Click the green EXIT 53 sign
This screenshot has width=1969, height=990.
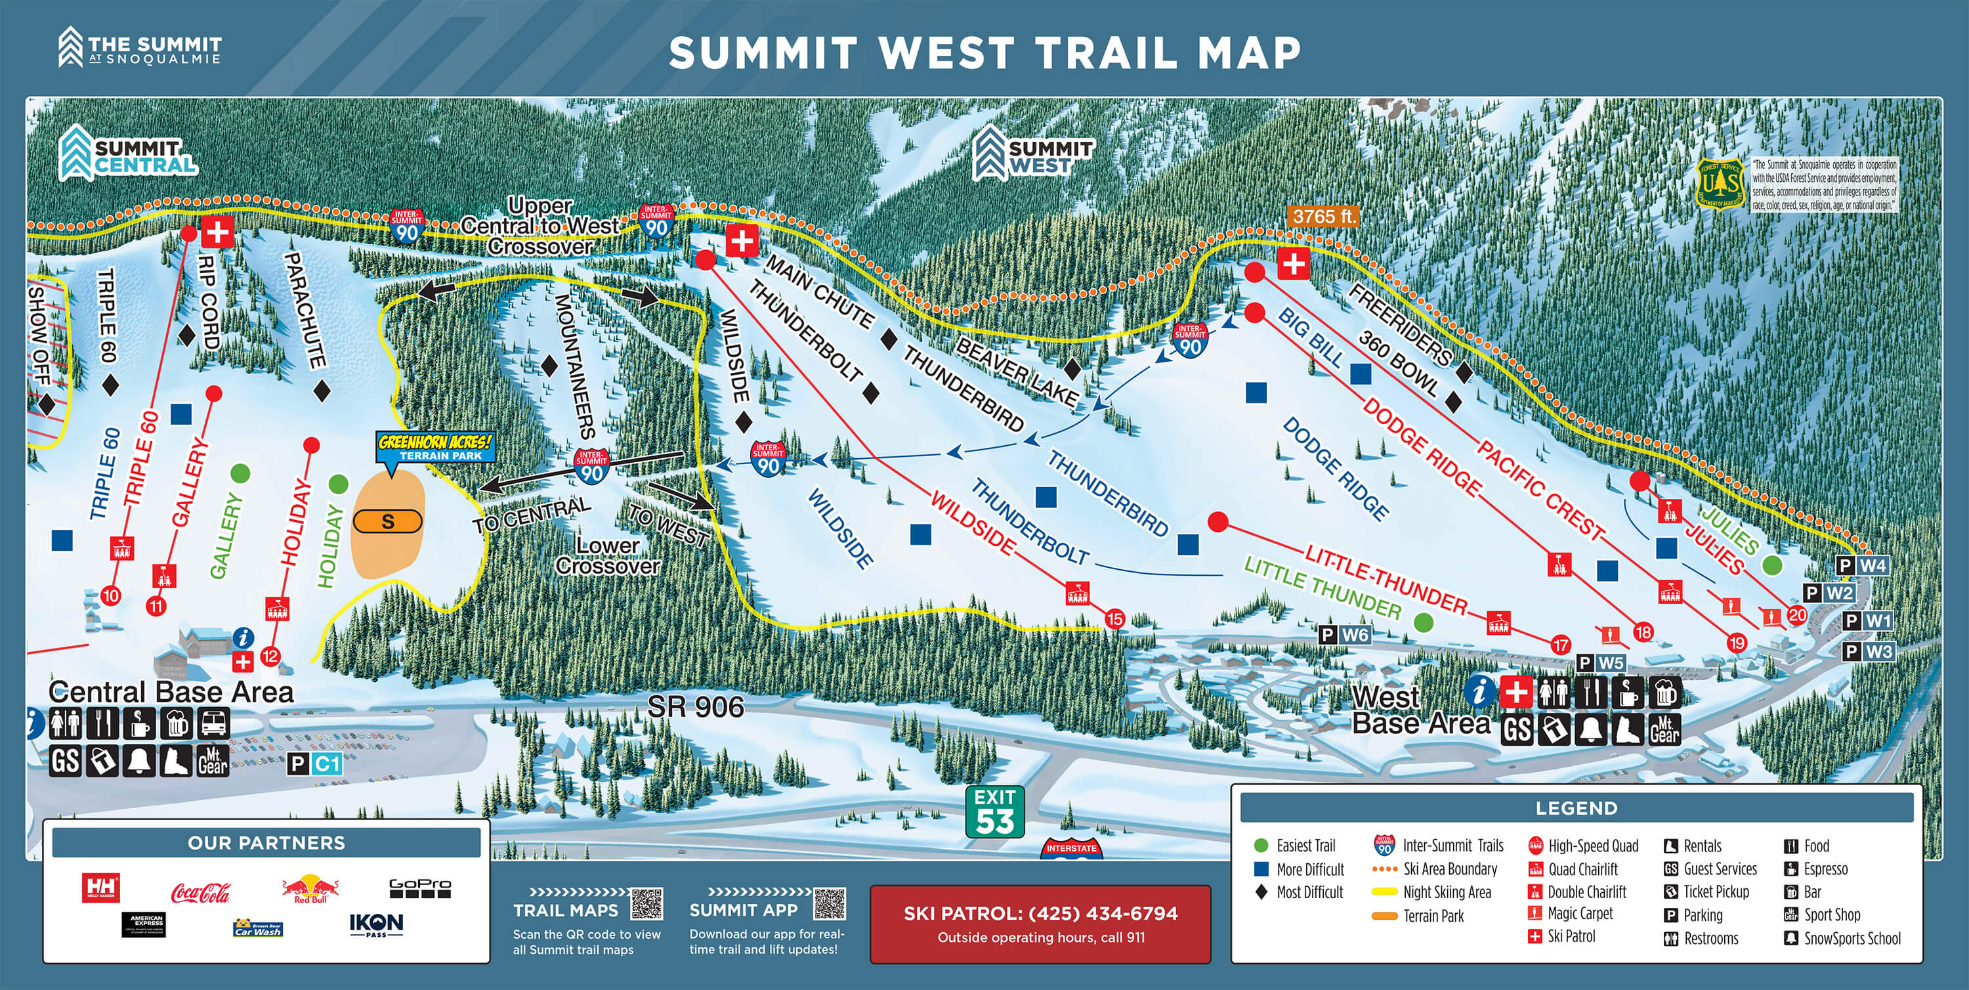[994, 811]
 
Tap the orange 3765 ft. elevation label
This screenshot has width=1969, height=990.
[1324, 217]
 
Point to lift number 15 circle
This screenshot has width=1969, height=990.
[1114, 618]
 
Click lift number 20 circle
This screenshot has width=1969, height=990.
[1797, 614]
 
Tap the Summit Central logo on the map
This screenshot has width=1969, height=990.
[129, 154]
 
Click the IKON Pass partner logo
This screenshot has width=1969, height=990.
[376, 925]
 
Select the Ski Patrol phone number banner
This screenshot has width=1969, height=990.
[1040, 924]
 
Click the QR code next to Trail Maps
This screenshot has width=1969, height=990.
[646, 903]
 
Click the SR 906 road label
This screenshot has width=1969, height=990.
[695, 707]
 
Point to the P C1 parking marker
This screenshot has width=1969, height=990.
[315, 764]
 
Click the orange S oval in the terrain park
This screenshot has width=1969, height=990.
[387, 522]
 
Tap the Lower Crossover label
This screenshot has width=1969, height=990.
[608, 556]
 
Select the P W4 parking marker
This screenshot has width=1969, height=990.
[1862, 566]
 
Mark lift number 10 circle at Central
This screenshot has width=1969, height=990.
[111, 595]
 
